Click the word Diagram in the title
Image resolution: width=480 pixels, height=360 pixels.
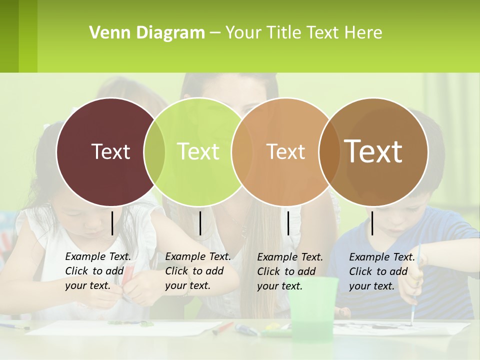(x=170, y=33)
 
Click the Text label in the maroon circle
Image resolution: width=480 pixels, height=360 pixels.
(x=110, y=151)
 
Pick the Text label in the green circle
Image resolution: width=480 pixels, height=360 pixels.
(x=198, y=151)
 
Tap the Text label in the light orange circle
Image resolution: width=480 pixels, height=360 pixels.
(x=285, y=151)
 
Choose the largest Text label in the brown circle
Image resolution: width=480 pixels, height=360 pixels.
(x=373, y=151)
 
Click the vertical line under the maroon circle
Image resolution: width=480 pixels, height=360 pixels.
(x=112, y=223)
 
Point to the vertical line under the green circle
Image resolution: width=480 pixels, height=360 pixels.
(x=200, y=223)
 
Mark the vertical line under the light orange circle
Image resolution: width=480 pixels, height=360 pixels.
(x=288, y=223)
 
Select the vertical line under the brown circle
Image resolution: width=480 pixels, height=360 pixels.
(x=372, y=223)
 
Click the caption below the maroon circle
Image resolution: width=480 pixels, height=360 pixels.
(x=98, y=271)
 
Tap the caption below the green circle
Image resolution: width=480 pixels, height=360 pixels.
(x=198, y=271)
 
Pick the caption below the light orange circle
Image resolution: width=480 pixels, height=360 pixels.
(x=290, y=271)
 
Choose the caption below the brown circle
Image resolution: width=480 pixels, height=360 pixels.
(x=382, y=271)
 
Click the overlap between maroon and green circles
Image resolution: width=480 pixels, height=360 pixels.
(x=154, y=151)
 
